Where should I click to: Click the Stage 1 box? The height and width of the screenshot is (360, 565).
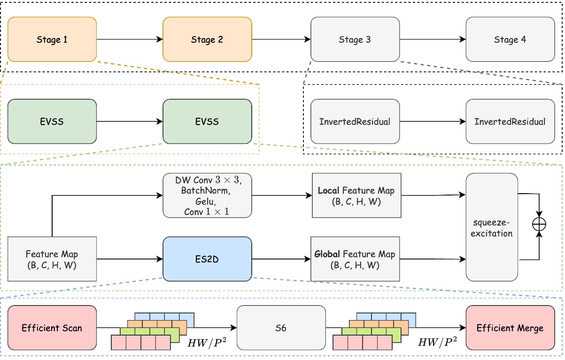(52, 39)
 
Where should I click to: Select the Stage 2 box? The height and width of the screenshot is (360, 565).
(207, 39)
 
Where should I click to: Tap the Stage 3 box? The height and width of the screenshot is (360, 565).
(355, 39)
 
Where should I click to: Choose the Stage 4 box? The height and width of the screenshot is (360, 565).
(510, 39)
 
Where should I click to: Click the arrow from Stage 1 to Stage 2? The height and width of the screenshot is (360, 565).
(130, 39)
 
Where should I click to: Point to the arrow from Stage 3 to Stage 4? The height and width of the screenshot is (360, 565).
(433, 39)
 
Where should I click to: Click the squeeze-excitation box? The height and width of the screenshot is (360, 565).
(492, 227)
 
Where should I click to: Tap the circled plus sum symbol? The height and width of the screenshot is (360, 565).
(539, 225)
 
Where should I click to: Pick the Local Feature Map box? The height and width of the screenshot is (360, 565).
(356, 196)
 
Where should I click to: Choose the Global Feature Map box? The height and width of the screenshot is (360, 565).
(355, 259)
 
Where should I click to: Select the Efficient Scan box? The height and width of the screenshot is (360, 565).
(52, 328)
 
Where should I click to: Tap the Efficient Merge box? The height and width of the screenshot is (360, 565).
(510, 328)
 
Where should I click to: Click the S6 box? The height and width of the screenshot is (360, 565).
(281, 328)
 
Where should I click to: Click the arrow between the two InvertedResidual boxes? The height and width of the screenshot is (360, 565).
(433, 122)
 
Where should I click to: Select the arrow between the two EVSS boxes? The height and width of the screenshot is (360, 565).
(130, 122)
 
